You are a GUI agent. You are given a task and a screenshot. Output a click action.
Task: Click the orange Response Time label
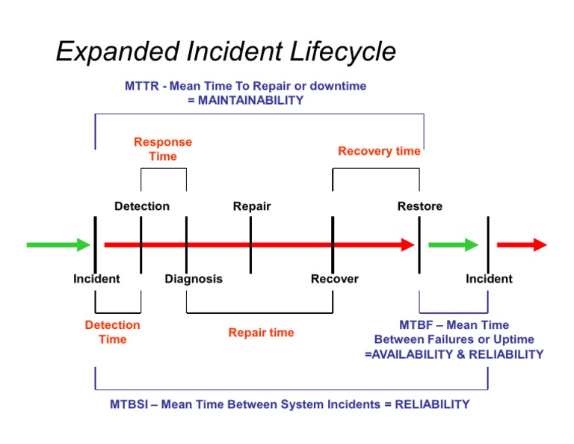point(163,149)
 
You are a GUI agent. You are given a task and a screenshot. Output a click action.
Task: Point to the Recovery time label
point(379,151)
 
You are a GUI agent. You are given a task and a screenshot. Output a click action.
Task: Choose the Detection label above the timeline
point(142,206)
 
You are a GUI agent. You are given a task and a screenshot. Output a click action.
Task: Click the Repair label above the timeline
point(252,206)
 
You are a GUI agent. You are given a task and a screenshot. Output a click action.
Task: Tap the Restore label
point(419,206)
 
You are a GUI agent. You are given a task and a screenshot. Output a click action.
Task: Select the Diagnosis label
point(194,279)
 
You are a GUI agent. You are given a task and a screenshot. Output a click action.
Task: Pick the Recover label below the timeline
point(334,279)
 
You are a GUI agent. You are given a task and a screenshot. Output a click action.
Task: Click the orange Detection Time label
point(112,332)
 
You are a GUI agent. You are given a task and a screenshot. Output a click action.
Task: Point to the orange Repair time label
point(261,333)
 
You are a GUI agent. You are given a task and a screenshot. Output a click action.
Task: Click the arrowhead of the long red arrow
point(407,244)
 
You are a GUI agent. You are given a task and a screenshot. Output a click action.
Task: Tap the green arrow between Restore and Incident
point(453,244)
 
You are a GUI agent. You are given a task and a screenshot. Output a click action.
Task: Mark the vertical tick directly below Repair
point(250,244)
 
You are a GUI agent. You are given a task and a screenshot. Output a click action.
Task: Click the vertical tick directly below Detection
point(141,244)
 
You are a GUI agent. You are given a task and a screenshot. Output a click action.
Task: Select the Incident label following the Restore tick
point(489,279)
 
